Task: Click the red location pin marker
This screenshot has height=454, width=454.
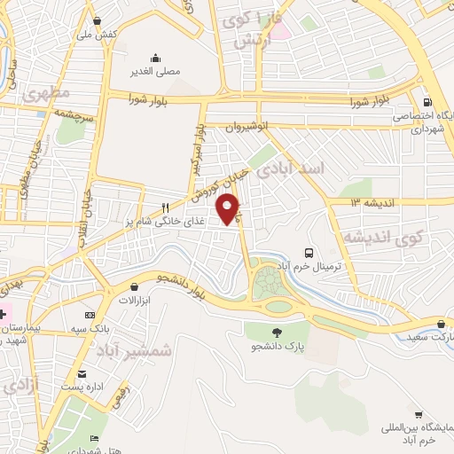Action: (x=230, y=209)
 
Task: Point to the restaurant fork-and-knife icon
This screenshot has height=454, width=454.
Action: (x=165, y=207)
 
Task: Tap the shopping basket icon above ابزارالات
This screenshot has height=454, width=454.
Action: (x=134, y=287)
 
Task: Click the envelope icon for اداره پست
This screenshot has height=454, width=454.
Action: (x=82, y=374)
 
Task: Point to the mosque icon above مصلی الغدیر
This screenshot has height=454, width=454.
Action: (x=156, y=58)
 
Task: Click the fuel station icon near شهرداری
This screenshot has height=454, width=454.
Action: (x=427, y=102)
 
